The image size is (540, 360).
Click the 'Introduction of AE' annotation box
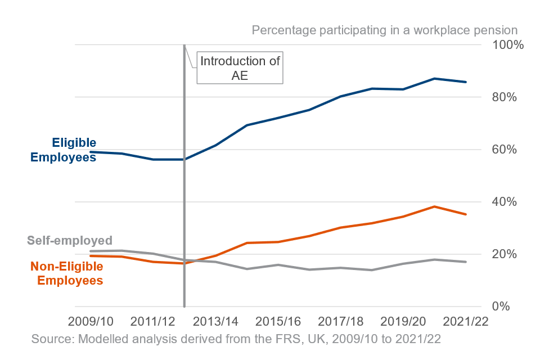tap(240, 68)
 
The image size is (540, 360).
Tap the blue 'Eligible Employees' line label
tap(63, 150)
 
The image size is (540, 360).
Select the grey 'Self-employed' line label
tap(70, 240)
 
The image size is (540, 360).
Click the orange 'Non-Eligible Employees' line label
tap(66, 273)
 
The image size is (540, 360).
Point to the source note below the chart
tap(236, 339)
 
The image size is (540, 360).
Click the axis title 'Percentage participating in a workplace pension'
tap(384, 30)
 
